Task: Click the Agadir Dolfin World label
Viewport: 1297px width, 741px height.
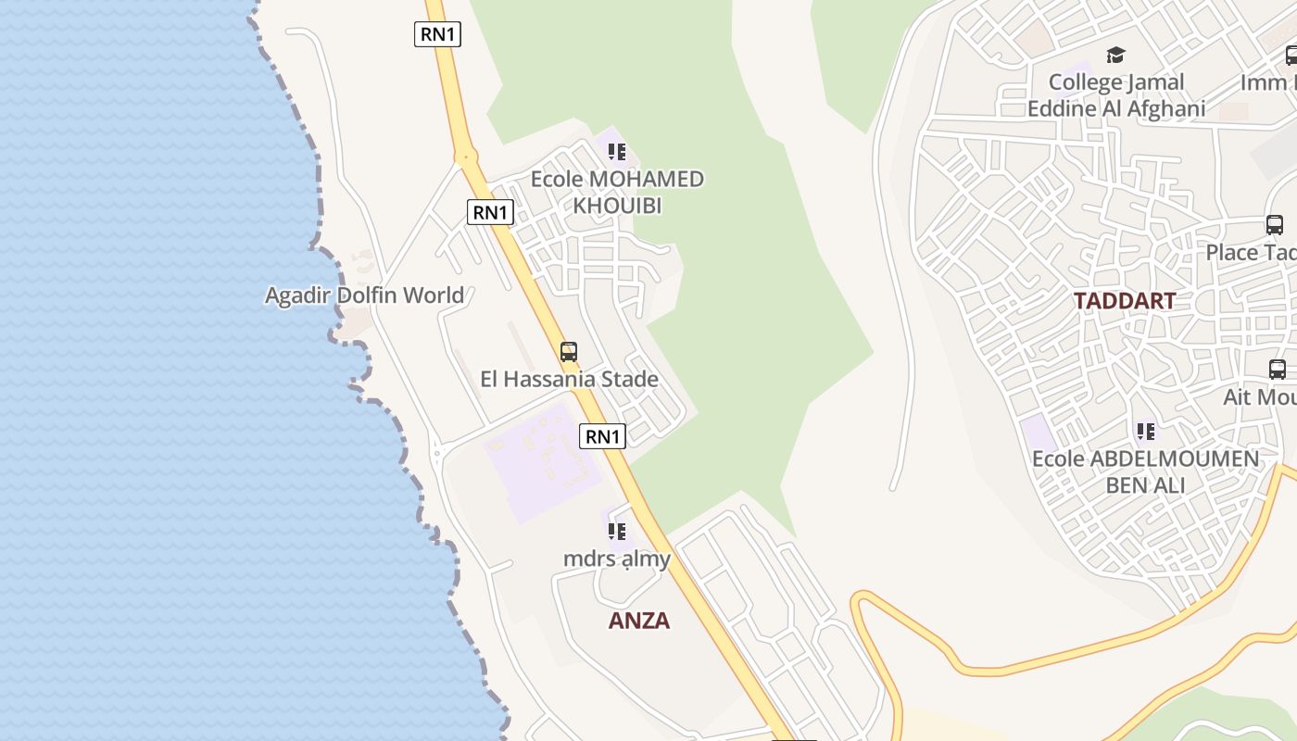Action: point(364,295)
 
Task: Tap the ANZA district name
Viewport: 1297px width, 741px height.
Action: point(638,621)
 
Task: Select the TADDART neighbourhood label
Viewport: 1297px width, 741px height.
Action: point(1125,301)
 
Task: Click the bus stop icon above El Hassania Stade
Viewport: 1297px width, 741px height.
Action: point(569,352)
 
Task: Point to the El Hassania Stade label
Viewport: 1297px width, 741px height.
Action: point(569,379)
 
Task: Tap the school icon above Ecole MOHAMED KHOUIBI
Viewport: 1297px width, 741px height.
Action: point(617,151)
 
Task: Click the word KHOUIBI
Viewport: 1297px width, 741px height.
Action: point(617,206)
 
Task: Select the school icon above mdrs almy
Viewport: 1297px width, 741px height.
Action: point(617,531)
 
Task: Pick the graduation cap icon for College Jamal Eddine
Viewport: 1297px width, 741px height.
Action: point(1115,56)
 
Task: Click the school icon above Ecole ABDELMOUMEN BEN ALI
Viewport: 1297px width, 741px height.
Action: point(1146,431)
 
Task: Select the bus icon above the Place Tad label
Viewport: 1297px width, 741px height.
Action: point(1275,224)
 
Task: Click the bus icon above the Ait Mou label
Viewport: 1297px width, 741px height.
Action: point(1278,369)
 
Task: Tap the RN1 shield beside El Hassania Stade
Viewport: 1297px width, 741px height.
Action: point(602,435)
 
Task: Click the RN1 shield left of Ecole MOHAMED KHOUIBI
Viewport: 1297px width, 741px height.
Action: point(490,212)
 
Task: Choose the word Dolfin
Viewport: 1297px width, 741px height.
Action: point(365,295)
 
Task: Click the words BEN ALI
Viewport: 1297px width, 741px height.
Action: point(1145,485)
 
